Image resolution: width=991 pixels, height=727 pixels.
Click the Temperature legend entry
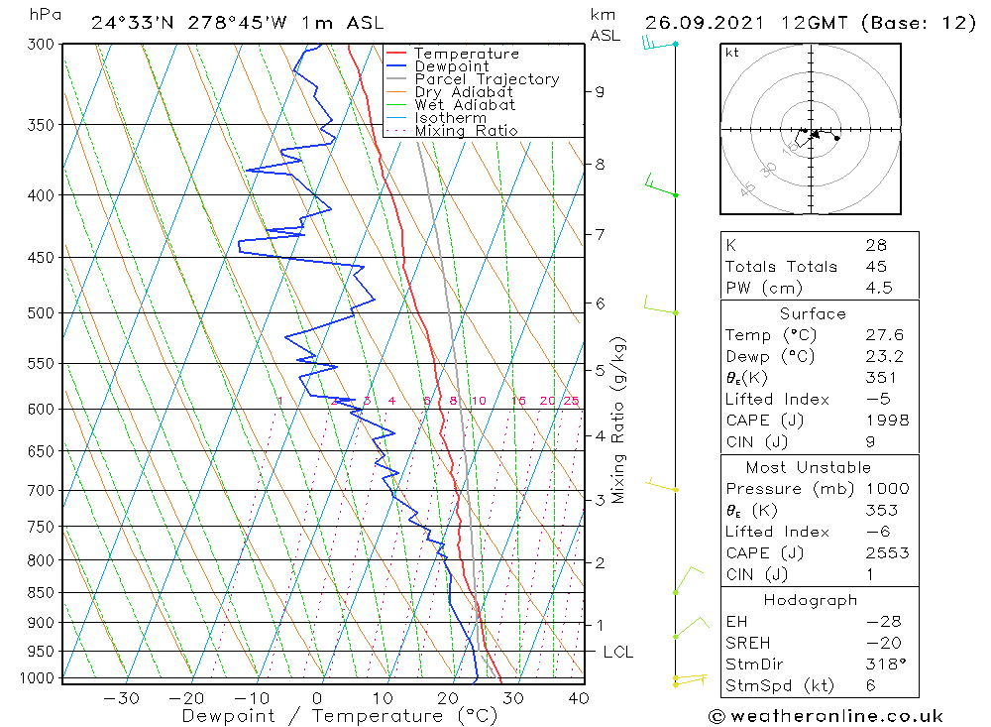pos(466,54)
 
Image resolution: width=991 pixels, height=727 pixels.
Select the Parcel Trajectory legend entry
pos(487,79)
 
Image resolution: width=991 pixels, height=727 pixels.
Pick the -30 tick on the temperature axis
pos(121,698)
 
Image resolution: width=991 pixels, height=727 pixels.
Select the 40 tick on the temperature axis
pos(578,698)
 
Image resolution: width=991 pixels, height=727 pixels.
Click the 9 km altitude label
pos(600,91)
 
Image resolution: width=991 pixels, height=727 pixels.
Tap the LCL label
pos(617,652)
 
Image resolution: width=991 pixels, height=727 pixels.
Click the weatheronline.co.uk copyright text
pos(826,716)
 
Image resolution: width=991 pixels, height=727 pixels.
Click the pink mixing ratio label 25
pos(571,401)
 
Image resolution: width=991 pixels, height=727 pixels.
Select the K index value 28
pos(876,245)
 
